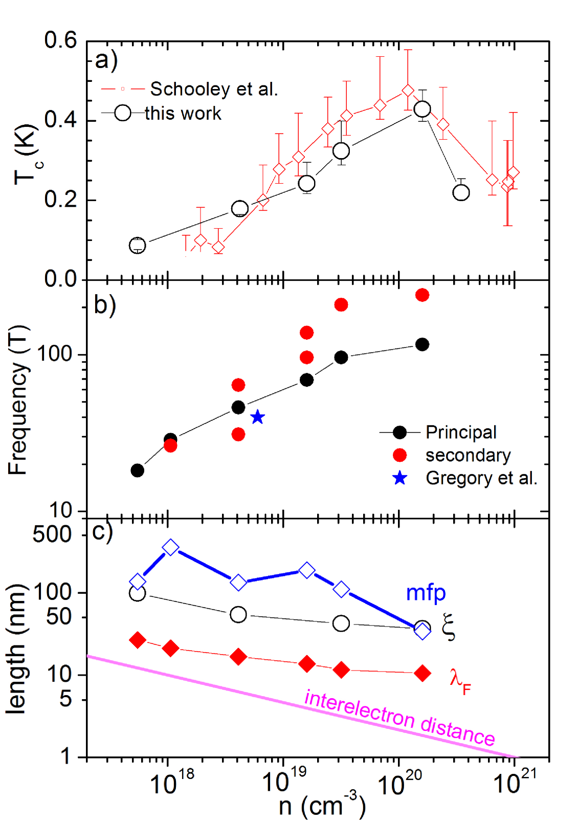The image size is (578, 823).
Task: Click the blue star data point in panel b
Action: click(x=258, y=417)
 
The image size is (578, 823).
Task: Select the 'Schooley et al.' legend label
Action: click(x=214, y=89)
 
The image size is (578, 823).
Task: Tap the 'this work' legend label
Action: click(x=183, y=113)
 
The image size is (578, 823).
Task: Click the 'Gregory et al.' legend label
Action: click(x=481, y=478)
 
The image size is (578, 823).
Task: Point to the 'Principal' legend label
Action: click(x=461, y=432)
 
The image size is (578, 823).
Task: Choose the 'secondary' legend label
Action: click(x=468, y=455)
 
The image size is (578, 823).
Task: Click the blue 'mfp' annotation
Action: click(x=426, y=593)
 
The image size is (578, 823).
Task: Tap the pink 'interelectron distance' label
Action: click(x=399, y=717)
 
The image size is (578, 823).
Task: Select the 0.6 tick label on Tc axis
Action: click(x=60, y=40)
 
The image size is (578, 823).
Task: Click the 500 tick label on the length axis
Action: click(x=52, y=534)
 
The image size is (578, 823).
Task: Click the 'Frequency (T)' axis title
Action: click(x=17, y=400)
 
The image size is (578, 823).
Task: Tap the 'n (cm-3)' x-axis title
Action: click(x=322, y=806)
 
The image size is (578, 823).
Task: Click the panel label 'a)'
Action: click(x=106, y=60)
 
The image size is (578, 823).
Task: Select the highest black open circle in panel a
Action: click(x=422, y=109)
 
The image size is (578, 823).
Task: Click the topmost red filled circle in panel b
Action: click(x=422, y=295)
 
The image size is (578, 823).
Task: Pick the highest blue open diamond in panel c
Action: click(x=171, y=547)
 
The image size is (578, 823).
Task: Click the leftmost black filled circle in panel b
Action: click(x=137, y=471)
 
